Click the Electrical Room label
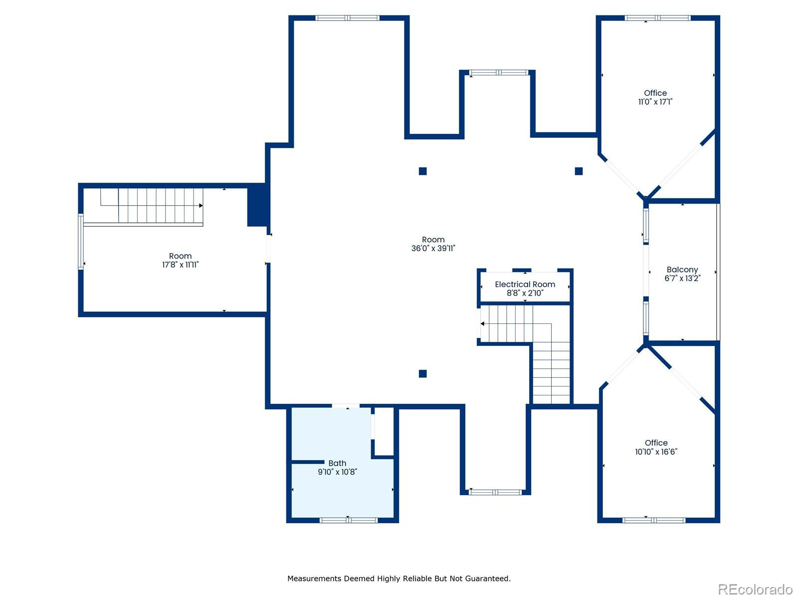[525, 285]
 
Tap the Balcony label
[682, 270]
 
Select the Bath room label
[337, 463]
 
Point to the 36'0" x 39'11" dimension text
[433, 249]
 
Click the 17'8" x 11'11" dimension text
[181, 265]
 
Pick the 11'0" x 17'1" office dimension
[655, 102]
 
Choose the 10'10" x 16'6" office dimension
[656, 452]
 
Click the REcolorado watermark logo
[755, 589]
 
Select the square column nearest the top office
[579, 171]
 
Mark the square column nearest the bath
[422, 373]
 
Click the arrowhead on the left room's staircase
[200, 206]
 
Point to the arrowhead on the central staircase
[482, 323]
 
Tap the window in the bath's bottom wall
[349, 521]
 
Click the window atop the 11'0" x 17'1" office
[657, 18]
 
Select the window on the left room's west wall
[81, 242]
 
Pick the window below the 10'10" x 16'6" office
[654, 521]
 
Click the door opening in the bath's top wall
[346, 406]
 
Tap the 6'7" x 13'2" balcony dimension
[682, 278]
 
